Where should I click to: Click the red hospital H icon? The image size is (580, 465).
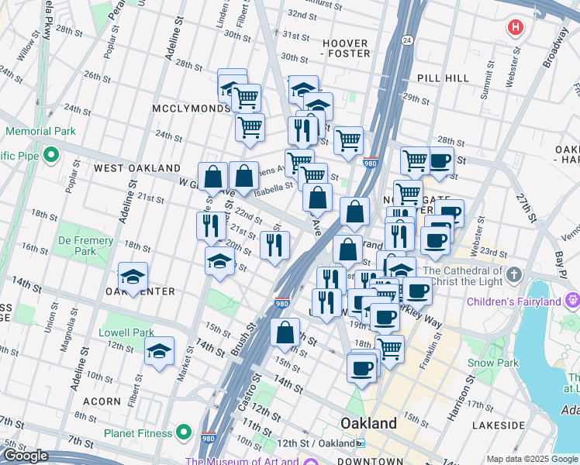(x=514, y=28)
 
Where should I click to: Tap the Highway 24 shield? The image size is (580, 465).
(x=406, y=39)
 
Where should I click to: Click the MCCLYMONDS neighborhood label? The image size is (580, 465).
(x=192, y=108)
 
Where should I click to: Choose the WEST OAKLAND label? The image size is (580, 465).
(x=136, y=168)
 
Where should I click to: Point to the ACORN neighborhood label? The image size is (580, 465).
(x=102, y=401)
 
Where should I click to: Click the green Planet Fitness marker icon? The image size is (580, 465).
(x=184, y=432)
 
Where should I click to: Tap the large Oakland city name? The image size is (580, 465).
(x=369, y=424)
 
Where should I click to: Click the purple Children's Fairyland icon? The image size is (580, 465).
(x=573, y=298)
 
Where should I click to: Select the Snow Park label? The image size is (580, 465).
(x=492, y=363)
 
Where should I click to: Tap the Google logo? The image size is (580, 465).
(x=26, y=456)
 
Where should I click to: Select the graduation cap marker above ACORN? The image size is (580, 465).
(x=160, y=351)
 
